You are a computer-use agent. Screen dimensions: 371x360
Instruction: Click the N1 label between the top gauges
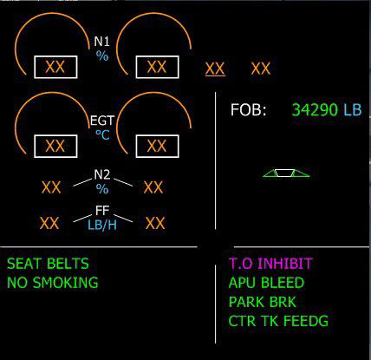[x=101, y=42]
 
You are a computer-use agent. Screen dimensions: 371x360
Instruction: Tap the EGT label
[x=102, y=121]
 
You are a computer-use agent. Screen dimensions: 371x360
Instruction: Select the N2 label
[x=102, y=174]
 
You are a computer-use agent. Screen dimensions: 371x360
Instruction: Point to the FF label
[x=102, y=211]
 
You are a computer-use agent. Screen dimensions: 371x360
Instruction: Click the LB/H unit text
[x=102, y=225]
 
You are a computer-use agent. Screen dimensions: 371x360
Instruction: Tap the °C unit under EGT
[x=102, y=134]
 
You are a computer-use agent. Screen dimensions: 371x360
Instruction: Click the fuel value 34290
[x=315, y=110]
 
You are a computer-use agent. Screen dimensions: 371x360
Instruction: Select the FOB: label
[x=248, y=110]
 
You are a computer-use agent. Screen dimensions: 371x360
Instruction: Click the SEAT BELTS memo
[x=48, y=264]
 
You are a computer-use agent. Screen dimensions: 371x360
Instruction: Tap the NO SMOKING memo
[x=53, y=283]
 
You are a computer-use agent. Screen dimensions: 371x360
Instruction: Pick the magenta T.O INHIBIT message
[x=270, y=264]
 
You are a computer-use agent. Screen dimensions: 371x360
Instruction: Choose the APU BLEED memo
[x=266, y=283]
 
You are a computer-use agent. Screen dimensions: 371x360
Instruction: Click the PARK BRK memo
[x=263, y=302]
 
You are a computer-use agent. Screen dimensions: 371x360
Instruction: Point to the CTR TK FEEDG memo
[x=278, y=321]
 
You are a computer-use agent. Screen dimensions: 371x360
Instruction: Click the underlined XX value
[x=215, y=69]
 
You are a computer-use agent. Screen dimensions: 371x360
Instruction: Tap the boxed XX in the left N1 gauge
[x=55, y=67]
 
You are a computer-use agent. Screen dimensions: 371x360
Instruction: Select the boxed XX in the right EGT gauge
[x=157, y=146]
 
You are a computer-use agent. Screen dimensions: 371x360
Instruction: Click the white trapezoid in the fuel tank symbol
[x=284, y=173]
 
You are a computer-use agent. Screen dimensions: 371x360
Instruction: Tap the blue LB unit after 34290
[x=353, y=110]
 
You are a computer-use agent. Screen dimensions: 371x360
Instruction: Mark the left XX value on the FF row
[x=49, y=223]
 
